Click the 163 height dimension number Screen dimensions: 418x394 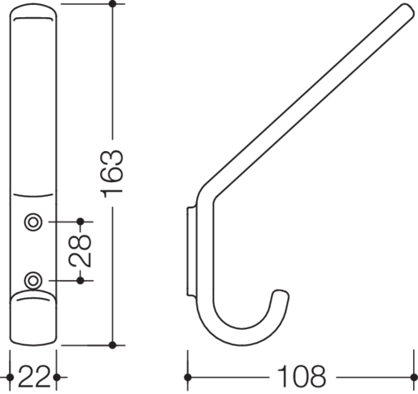pos(112,173)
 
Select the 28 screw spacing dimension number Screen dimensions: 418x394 pos(80,251)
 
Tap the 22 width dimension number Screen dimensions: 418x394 pos(34,378)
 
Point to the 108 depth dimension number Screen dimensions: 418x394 pos(301,377)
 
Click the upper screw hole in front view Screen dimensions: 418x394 pos(34,222)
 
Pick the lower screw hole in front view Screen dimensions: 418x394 pos(34,281)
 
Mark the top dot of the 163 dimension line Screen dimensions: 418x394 pos(113,4)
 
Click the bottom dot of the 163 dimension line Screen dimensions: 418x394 pos(113,346)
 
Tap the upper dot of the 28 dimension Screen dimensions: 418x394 pos(80,222)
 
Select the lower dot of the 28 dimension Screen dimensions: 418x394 pos(80,281)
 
